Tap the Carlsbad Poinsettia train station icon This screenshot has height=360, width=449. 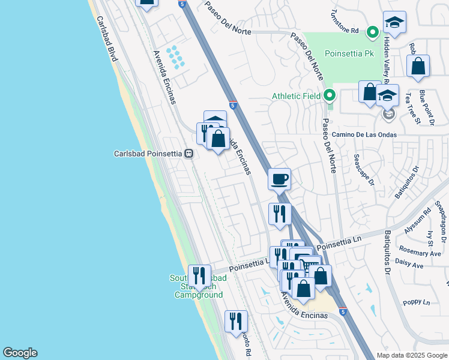click(x=188, y=154)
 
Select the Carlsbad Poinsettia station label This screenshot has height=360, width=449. click(x=148, y=154)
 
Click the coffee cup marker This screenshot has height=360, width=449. click(x=280, y=179)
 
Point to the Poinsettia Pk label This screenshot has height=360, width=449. click(x=349, y=53)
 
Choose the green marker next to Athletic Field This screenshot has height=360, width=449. click(x=329, y=95)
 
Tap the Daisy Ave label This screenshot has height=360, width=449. click(x=410, y=265)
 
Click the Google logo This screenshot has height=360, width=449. click(x=20, y=353)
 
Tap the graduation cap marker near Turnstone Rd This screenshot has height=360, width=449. click(x=394, y=23)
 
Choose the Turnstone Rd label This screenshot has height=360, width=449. click(x=346, y=30)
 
